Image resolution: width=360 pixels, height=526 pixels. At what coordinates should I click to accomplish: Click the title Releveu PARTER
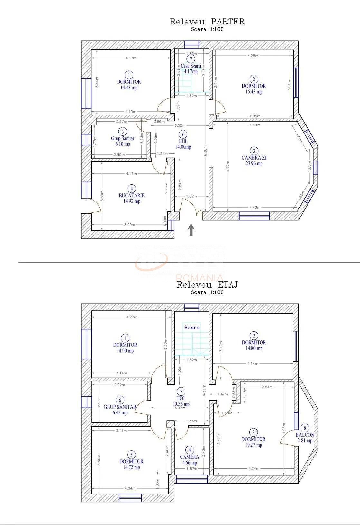pos(207,22)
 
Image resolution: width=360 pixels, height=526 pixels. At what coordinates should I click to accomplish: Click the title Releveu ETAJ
pos(207,285)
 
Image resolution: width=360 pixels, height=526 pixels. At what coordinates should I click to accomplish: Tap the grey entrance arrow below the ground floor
pos(191,230)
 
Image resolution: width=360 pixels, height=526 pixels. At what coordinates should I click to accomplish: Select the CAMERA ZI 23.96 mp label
pos(254,161)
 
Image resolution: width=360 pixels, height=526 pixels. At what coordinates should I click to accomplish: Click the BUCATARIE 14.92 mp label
pos(132,198)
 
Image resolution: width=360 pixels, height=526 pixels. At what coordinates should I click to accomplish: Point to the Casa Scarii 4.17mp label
pos(191,69)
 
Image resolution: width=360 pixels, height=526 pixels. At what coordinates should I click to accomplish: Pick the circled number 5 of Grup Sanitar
pos(122,131)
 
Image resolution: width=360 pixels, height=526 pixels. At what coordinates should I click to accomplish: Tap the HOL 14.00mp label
pos(183,144)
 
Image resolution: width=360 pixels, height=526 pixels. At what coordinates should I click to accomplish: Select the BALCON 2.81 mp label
pos(305,438)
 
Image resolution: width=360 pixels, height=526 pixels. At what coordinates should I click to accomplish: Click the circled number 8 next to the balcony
pos(305,428)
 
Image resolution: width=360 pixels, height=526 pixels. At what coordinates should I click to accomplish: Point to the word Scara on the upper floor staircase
pos(192,328)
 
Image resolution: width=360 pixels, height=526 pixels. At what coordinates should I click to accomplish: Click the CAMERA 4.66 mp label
pos(190,460)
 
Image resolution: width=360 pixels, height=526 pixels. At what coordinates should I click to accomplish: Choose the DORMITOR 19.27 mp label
pos(253,442)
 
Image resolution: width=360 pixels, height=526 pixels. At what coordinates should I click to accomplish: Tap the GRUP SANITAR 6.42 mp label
pos(120,410)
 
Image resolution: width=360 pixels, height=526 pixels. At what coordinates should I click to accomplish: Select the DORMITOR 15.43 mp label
pos(254,89)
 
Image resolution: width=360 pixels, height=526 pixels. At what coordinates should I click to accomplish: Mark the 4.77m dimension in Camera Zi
pos(228,167)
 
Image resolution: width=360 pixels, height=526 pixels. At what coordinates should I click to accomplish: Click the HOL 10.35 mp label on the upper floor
pos(181,401)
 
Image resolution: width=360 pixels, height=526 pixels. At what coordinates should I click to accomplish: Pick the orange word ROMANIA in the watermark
pos(200,278)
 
